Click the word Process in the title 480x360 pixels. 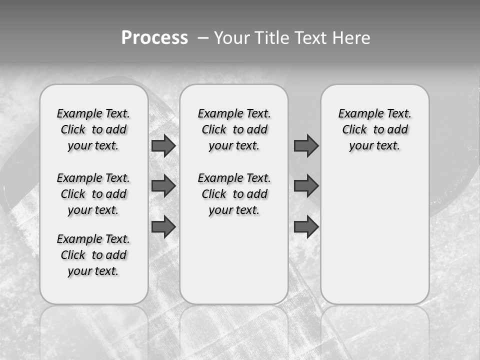pos(154,37)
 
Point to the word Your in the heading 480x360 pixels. pos(233,37)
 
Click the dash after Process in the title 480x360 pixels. pos(202,38)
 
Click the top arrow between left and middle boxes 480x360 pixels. pos(163,145)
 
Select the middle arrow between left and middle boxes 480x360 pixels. pos(163,186)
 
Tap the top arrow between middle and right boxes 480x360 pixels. pos(306,145)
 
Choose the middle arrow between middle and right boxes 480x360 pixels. pos(306,186)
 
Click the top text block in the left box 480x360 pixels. pos(93,129)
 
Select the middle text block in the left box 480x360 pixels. pos(93,194)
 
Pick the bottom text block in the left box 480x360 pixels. pos(93,255)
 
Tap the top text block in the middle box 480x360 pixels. pos(234,129)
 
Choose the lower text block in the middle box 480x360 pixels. pos(234,194)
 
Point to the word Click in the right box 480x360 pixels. pos(354,129)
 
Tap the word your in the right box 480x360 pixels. pos(360,146)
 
